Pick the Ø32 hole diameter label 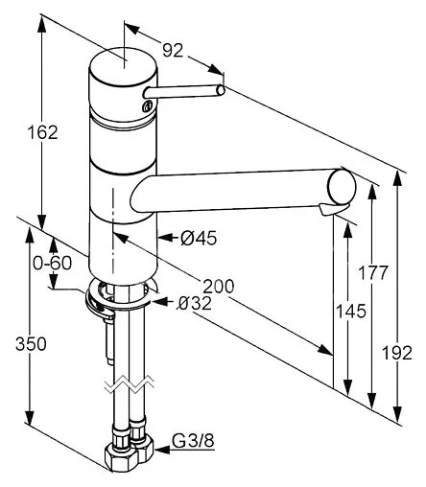coord(195,305)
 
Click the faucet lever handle coord(182,91)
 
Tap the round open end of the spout coord(341,182)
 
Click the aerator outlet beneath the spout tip coord(330,211)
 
